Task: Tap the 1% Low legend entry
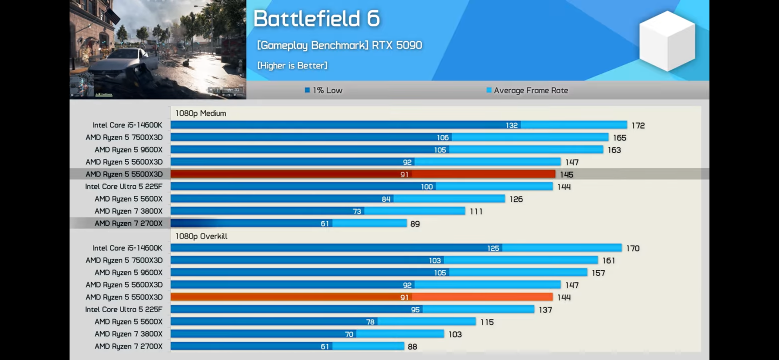click(324, 90)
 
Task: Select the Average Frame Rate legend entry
click(527, 90)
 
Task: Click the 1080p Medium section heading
click(201, 114)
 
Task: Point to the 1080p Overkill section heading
click(201, 236)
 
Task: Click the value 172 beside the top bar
click(638, 126)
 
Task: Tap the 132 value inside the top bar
click(512, 125)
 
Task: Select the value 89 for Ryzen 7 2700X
click(415, 224)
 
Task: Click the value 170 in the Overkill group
click(633, 248)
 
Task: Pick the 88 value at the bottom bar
click(412, 347)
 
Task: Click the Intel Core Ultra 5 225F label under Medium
click(124, 186)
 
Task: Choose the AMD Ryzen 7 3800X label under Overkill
click(128, 334)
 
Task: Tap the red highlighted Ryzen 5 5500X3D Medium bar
click(363, 174)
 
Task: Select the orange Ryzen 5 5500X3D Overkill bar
click(362, 297)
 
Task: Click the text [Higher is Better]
click(292, 66)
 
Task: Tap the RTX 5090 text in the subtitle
click(397, 45)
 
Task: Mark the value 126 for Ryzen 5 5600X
click(516, 199)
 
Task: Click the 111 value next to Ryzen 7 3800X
click(476, 212)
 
